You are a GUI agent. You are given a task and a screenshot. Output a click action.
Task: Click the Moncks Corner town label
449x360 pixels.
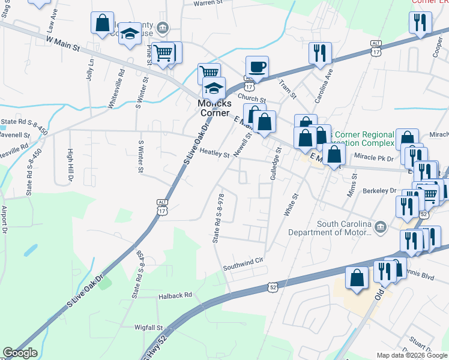[214, 108]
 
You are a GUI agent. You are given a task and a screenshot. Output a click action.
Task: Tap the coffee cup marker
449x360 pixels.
[257, 67]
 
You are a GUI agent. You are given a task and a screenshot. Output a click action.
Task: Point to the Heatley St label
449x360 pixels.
[214, 154]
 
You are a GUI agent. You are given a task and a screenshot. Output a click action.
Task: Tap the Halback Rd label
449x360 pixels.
[175, 295]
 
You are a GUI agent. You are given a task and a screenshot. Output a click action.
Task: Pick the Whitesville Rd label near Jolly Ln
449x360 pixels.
[115, 88]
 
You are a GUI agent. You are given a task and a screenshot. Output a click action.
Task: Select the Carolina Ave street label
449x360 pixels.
[328, 85]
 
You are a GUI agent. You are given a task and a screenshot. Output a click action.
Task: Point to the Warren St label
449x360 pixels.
[208, 3]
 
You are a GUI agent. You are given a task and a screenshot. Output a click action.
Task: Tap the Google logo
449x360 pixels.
[20, 353]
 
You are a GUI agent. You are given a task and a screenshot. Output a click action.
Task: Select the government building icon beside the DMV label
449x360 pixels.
[380, 227]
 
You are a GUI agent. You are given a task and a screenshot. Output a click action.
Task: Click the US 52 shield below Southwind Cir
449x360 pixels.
[273, 288]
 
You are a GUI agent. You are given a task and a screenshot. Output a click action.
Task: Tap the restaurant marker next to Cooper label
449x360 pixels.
[420, 23]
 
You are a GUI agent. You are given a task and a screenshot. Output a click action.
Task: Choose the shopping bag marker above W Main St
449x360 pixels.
[102, 23]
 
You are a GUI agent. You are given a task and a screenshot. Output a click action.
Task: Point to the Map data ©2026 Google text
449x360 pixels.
[411, 355]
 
